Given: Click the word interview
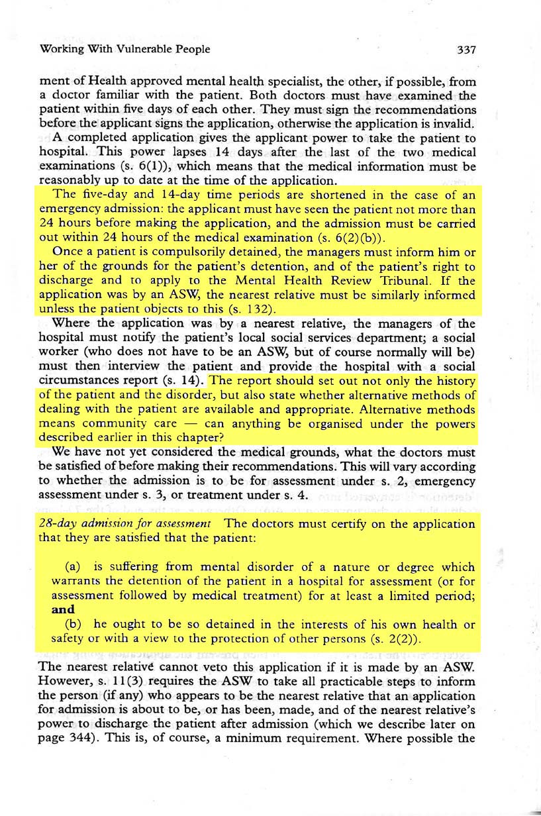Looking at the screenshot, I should (125, 367).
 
